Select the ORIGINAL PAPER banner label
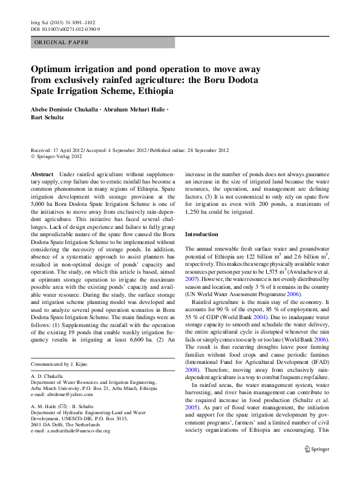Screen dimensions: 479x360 click(x=62, y=42)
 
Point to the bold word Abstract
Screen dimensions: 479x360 click(x=42, y=173)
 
